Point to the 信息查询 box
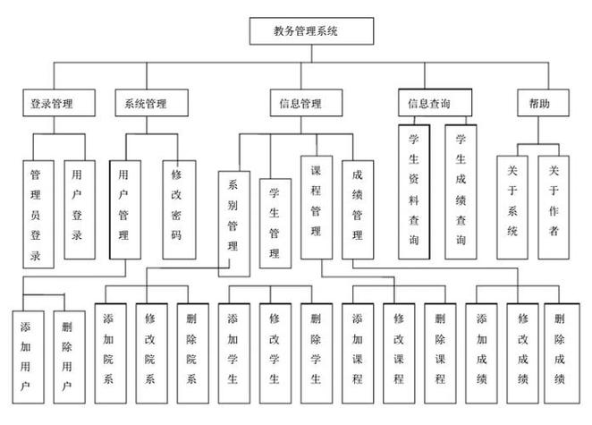[x=428, y=103]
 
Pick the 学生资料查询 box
[x=415, y=191]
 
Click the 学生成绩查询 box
[x=461, y=191]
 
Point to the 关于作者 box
[x=553, y=208]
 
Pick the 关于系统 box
[x=512, y=208]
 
